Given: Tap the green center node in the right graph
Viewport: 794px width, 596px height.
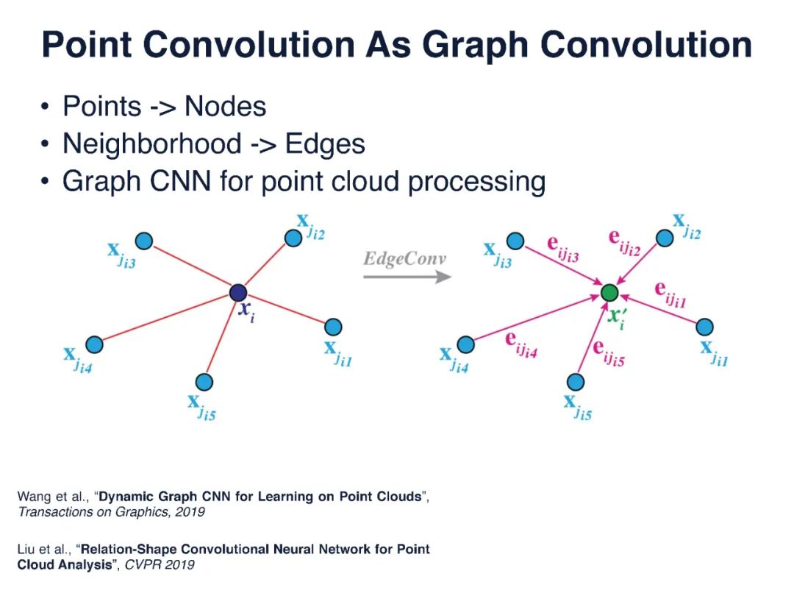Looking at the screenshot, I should click(x=609, y=293).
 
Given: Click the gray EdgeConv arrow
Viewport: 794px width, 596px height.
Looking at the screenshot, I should click(x=407, y=277).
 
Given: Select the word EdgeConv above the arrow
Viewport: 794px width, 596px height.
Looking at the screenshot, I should click(x=405, y=259).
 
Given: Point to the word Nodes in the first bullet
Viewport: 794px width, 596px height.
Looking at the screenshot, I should click(x=225, y=107).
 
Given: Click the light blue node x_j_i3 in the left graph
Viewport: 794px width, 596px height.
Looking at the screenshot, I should click(x=144, y=241).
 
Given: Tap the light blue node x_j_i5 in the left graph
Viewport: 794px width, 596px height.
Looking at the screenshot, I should click(x=204, y=382).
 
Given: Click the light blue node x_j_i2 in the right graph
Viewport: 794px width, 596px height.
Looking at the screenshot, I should click(x=665, y=238).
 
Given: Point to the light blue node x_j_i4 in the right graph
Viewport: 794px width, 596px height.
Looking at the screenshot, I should click(x=465, y=344).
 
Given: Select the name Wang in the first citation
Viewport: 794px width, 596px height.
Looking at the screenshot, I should click(x=32, y=497).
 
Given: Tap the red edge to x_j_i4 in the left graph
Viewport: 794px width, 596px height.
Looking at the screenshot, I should click(x=165, y=319).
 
